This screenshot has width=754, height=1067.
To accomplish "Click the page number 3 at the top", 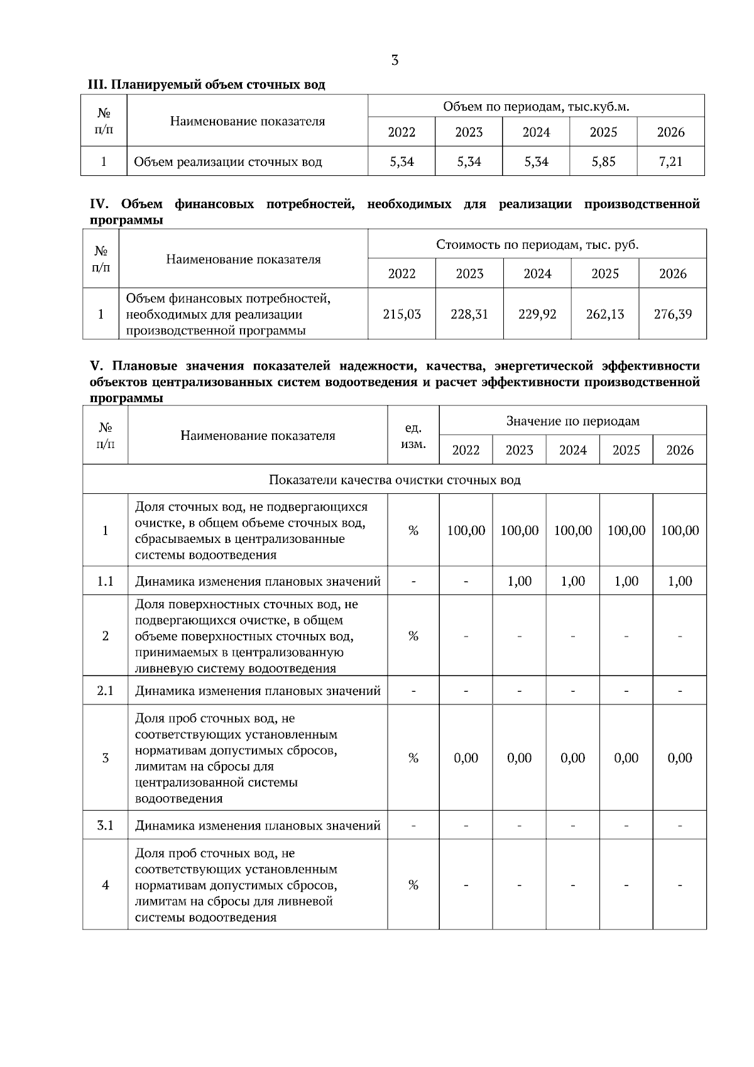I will click(x=394, y=61).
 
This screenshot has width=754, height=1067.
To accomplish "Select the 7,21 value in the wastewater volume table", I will click(x=670, y=162).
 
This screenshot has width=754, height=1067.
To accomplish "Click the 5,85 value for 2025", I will click(x=603, y=162).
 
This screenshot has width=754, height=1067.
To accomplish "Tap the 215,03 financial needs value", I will click(x=402, y=314).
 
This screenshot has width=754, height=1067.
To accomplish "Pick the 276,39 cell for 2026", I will click(x=672, y=314).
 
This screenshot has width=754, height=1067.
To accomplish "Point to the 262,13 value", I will click(x=604, y=314).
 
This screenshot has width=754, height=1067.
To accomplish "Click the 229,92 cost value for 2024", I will click(x=537, y=314).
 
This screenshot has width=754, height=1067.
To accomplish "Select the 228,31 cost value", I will click(x=469, y=314).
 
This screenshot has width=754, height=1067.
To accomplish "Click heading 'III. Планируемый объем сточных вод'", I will click(x=206, y=85).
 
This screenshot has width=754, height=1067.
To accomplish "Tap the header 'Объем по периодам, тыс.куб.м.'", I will click(x=536, y=107).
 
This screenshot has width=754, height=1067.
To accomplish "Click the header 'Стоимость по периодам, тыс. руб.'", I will click(x=537, y=244).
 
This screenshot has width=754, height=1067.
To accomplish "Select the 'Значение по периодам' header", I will click(x=572, y=421).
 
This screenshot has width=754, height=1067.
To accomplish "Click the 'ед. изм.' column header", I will click(x=413, y=435).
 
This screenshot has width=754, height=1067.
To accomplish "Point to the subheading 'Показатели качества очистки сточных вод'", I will click(x=395, y=480).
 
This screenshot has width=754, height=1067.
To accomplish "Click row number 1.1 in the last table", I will click(x=105, y=581).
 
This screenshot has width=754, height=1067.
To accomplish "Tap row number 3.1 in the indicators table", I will click(x=105, y=826).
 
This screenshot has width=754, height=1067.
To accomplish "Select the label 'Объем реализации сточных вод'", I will click(x=227, y=162).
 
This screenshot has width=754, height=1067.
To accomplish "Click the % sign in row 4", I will click(x=413, y=885).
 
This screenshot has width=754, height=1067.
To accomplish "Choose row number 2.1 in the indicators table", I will click(x=105, y=691).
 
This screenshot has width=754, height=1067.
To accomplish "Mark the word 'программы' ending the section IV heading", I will click(x=126, y=221).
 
